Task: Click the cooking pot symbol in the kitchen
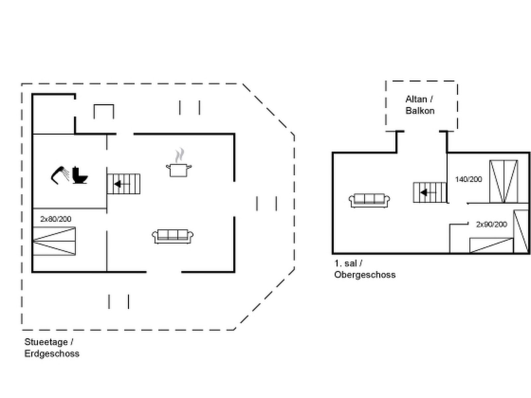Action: [179, 170]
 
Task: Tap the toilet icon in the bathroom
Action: [80, 175]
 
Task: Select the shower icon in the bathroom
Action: [60, 174]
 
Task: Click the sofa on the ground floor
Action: [173, 236]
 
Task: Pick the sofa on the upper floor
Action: [369, 200]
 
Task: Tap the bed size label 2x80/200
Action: [56, 219]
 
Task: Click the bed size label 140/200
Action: [468, 179]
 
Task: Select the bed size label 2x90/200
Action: [492, 225]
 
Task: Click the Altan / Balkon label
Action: [419, 105]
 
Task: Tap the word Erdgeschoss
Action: [52, 354]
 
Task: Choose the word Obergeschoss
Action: [365, 275]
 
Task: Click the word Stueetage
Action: [46, 342]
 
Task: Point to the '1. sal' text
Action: [345, 263]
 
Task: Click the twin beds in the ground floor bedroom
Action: [54, 241]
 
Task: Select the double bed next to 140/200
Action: [503, 181]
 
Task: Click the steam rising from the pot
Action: [180, 155]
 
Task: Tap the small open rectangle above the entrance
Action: [104, 111]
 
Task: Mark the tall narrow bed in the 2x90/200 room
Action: [521, 231]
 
